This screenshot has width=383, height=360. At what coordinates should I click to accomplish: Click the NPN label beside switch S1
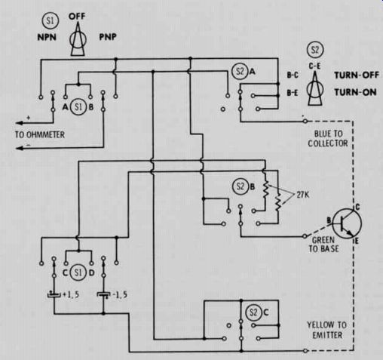click(47, 37)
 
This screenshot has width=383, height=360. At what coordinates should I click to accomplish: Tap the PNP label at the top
click(108, 37)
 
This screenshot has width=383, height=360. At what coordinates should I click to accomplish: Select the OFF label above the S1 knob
click(77, 17)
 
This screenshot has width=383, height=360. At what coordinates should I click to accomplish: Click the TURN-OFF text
click(357, 75)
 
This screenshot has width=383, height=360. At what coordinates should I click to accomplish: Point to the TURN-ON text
click(355, 92)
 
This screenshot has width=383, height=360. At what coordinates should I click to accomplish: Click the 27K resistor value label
click(302, 195)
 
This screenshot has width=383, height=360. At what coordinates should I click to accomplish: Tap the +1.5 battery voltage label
click(70, 294)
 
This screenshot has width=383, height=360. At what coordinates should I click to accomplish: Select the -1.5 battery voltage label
click(119, 294)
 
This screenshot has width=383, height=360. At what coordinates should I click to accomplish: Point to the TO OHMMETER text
click(40, 135)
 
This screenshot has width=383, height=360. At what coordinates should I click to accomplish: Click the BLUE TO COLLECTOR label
click(328, 138)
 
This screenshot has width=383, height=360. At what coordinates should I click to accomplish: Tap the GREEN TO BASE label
click(323, 245)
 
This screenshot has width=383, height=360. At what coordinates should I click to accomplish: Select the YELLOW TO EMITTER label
click(327, 330)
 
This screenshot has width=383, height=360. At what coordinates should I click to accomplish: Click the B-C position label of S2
click(293, 75)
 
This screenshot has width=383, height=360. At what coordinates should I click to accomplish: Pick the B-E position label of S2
click(293, 93)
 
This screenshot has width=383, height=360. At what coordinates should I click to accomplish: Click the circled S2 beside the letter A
click(240, 72)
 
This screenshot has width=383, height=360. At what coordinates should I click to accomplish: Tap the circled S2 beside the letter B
click(241, 186)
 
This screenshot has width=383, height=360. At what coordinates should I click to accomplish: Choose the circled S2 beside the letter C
click(253, 312)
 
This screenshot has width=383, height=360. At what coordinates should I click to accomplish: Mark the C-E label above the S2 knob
click(314, 66)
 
